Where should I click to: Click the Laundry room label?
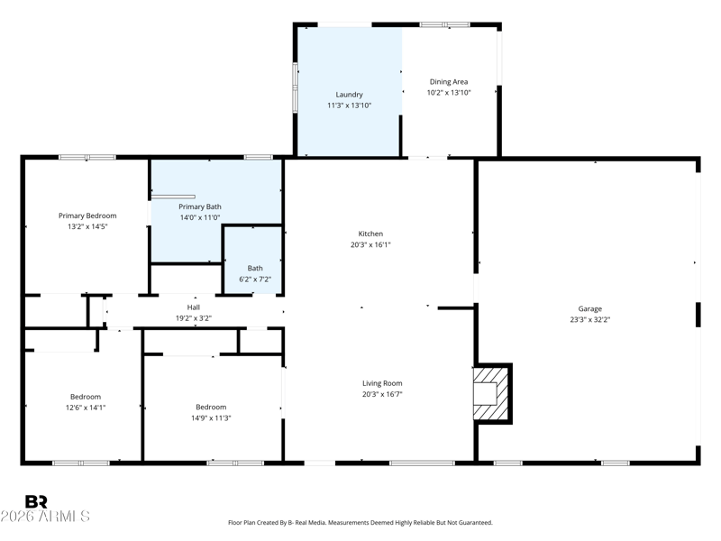pyautogui.click(x=349, y=95)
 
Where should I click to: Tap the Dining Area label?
pyautogui.click(x=448, y=82)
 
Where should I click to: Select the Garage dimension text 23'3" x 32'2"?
pyautogui.click(x=590, y=319)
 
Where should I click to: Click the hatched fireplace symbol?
pyautogui.click(x=492, y=393)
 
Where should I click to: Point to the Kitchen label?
pyautogui.click(x=370, y=234)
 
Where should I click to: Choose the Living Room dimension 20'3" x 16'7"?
pyautogui.click(x=382, y=394)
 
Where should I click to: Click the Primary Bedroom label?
pyautogui.click(x=87, y=215)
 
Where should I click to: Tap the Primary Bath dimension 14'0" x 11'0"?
pyautogui.click(x=199, y=217)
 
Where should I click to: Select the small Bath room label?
pyautogui.click(x=255, y=268)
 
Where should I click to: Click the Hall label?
pyautogui.click(x=194, y=307)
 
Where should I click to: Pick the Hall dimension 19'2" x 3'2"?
pyautogui.click(x=194, y=318)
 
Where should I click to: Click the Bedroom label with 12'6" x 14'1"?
pyautogui.click(x=86, y=397)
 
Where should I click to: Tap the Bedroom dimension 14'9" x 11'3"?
pyautogui.click(x=211, y=417)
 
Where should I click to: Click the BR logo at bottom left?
pyautogui.click(x=36, y=501)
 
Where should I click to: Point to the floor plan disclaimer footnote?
pyautogui.click(x=360, y=522)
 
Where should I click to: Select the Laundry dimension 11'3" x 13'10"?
pyautogui.click(x=349, y=105)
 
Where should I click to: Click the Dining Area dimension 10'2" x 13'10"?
pyautogui.click(x=448, y=92)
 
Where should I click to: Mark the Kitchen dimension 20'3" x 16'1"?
pyautogui.click(x=370, y=244)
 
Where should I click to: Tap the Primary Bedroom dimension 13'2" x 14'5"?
pyautogui.click(x=87, y=226)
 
